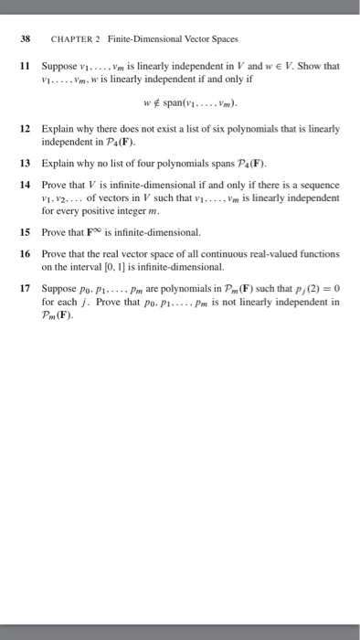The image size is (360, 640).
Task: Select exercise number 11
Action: (x=26, y=66)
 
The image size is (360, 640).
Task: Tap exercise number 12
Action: (x=26, y=132)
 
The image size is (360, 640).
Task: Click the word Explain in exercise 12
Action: (x=58, y=132)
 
